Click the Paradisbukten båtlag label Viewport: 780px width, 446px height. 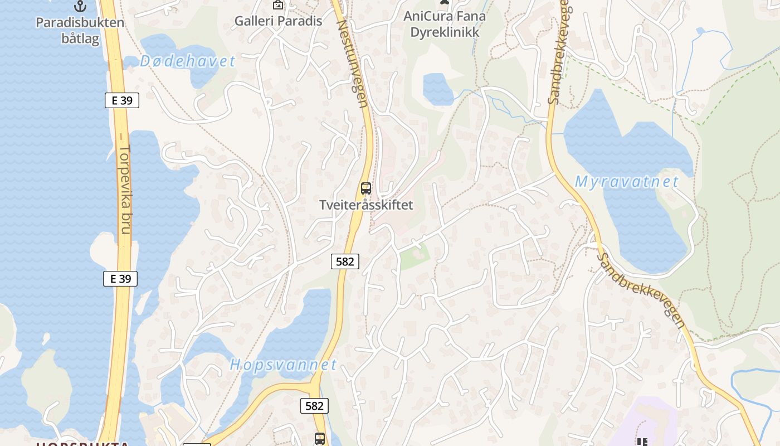coord(80,31)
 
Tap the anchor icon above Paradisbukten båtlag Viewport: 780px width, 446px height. coord(81,6)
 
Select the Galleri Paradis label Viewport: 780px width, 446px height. coord(278,21)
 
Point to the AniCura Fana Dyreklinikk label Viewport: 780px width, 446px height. coord(445,24)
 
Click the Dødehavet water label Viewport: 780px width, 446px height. coord(188,61)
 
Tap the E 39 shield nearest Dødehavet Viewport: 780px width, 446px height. coord(121,100)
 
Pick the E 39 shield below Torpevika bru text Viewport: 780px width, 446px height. coord(120,279)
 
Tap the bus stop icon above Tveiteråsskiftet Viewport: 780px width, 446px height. coord(365,188)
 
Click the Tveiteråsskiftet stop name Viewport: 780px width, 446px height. coord(366,205)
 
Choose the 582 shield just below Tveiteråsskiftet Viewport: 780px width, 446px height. coord(345,261)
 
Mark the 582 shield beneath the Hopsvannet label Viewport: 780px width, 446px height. coord(314,406)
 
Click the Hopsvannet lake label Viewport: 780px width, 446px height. coord(283,365)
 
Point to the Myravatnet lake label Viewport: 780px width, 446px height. coord(626,182)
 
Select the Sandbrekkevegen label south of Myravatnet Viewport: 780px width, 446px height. coord(640,290)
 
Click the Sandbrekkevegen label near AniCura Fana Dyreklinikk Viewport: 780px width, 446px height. coord(558,53)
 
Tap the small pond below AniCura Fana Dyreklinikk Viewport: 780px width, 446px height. coord(438,89)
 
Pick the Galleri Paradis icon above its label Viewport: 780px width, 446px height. coord(277,5)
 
